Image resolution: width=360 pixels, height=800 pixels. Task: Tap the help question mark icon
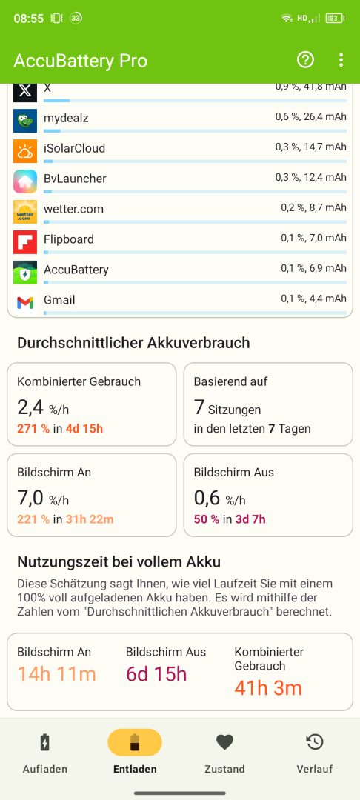[x=305, y=60]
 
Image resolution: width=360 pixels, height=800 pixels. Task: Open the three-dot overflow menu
[x=341, y=60]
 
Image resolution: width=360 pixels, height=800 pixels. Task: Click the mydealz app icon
[x=25, y=121]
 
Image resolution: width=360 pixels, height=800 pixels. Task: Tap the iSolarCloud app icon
[x=25, y=151]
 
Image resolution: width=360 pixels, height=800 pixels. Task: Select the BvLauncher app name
[x=75, y=179]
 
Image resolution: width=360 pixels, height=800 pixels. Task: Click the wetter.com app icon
[x=25, y=212]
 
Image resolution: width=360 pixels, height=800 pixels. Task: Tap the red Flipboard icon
[x=25, y=241]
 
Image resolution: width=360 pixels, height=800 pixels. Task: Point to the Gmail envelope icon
[x=25, y=302]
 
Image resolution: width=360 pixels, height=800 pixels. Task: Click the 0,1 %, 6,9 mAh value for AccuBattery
[x=313, y=268]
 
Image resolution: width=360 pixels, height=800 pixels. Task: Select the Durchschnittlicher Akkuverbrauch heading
[x=133, y=343]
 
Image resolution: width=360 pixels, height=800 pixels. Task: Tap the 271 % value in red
[x=33, y=429]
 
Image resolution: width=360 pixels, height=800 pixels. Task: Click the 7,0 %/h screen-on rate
[x=43, y=498]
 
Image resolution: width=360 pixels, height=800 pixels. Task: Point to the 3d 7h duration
[x=250, y=519]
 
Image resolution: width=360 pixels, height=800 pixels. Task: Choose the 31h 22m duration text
[x=89, y=519]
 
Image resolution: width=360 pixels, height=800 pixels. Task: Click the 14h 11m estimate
[x=56, y=675]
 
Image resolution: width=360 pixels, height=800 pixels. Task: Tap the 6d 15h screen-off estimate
[x=156, y=675]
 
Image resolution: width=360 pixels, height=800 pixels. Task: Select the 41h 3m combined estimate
[x=268, y=688]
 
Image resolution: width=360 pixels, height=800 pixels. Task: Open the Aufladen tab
[x=45, y=754]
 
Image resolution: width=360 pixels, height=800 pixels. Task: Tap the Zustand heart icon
[x=225, y=741]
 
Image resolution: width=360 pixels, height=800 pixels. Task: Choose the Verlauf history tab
[x=315, y=754]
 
